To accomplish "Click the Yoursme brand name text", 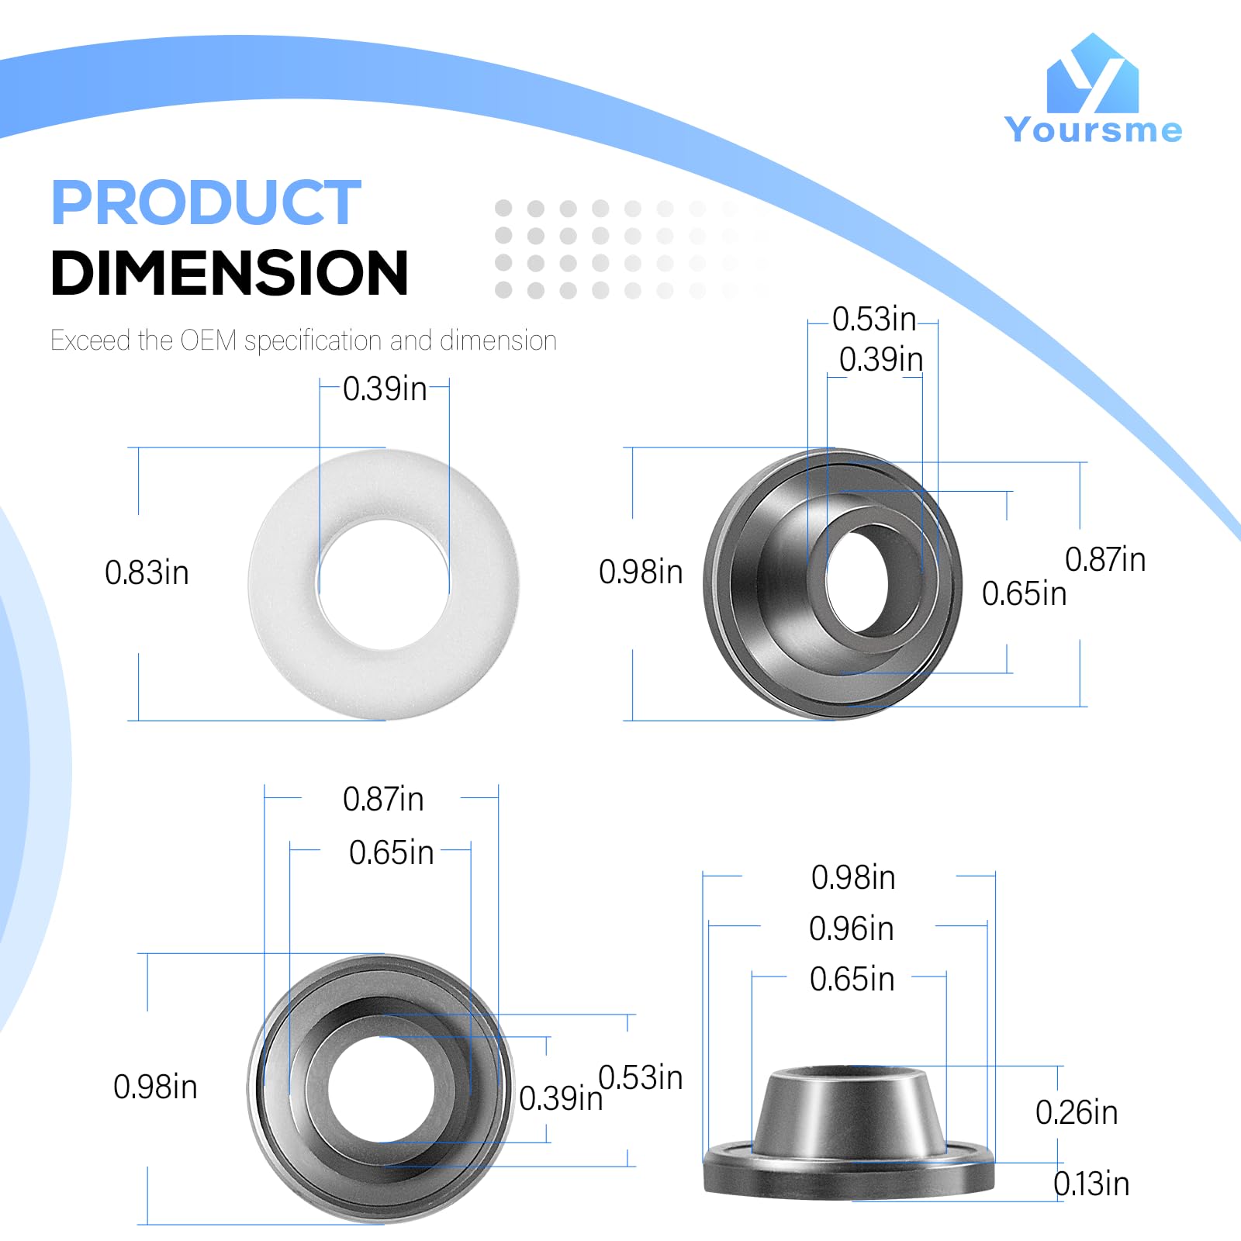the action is (x=1093, y=130).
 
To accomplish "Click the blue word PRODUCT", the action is (x=206, y=202).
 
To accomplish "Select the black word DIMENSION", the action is (x=230, y=273).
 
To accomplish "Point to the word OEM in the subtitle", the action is (x=208, y=340).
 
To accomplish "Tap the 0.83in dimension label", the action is (x=147, y=573).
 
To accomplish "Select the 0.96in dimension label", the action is (x=852, y=929).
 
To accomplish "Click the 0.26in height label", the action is (x=1077, y=1113).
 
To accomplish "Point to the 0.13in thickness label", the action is (x=1091, y=1184).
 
